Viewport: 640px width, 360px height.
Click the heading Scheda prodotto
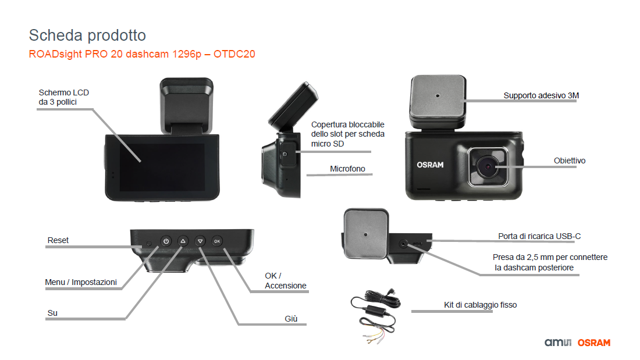point(87,35)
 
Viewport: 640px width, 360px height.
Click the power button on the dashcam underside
point(166,241)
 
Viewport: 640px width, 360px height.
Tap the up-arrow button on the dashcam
point(183,241)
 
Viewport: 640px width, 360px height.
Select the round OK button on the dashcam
point(217,241)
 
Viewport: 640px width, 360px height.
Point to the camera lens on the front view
point(488,166)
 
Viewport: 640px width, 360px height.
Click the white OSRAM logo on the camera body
point(430,165)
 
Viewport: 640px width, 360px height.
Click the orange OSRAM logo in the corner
point(594,343)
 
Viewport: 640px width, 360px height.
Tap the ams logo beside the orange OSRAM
point(558,343)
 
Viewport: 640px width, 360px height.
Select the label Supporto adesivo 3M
point(541,95)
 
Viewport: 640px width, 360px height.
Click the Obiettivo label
point(570,161)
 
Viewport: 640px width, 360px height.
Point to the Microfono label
point(347,169)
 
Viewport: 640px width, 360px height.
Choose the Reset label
point(58,240)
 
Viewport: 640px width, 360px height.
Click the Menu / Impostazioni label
point(81,282)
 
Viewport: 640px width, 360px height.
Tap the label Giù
point(291,319)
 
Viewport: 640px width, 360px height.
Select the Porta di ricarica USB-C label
point(539,236)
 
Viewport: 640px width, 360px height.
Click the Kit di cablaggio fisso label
point(481,305)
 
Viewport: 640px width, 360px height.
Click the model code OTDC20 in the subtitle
point(234,54)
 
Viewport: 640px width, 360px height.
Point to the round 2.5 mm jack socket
point(403,244)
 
